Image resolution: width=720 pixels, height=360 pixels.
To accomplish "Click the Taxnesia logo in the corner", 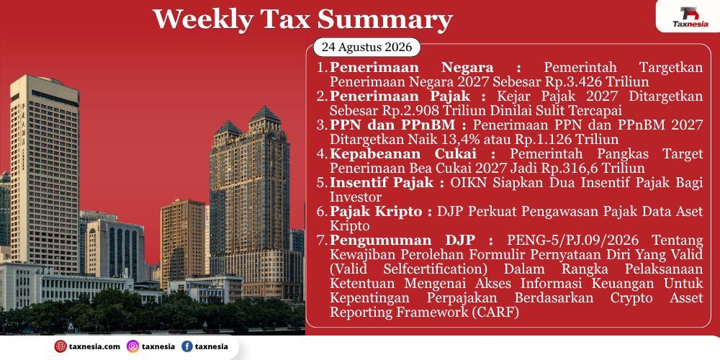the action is coord(690,17).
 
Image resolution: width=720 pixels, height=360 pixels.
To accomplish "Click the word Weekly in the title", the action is coord(202,19).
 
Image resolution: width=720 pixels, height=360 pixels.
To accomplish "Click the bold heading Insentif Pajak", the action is coord(382,182).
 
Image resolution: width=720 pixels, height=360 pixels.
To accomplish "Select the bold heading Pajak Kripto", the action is coord(376,211).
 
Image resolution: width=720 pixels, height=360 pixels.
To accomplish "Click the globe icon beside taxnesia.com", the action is coord(60,347).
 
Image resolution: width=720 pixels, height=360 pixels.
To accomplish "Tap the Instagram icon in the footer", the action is coord(132,347).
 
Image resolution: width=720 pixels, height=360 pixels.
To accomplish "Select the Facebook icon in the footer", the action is coord(187,347).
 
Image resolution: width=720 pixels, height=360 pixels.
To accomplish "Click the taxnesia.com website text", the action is coord(94,347).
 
